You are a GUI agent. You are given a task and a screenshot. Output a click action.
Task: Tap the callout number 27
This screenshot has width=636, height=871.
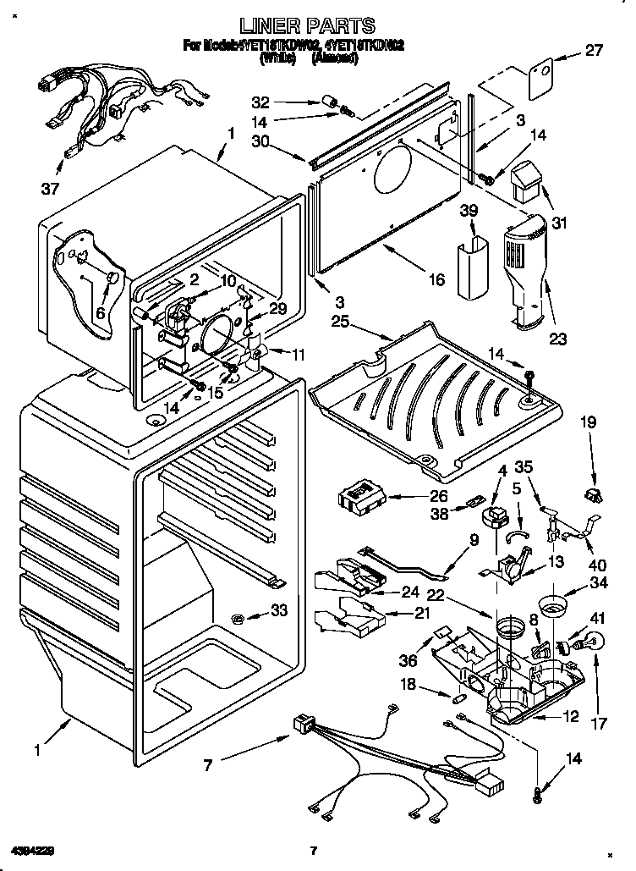tap(594, 50)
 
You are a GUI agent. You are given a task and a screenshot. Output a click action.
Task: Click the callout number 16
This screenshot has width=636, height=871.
tap(436, 280)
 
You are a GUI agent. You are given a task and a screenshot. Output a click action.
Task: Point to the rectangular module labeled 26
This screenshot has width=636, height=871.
tap(364, 496)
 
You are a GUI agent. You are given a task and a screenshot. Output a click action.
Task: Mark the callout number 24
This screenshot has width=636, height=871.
tap(409, 592)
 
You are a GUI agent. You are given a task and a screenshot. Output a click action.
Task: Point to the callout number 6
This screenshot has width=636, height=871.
tap(102, 312)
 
